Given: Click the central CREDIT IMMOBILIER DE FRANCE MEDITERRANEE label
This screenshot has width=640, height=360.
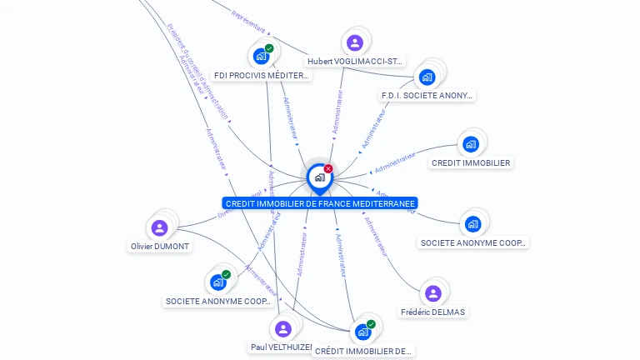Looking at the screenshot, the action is (x=320, y=203).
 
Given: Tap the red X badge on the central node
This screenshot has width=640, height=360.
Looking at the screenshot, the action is (x=328, y=169).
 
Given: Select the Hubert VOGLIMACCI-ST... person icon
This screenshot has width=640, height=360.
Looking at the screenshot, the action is (x=355, y=42).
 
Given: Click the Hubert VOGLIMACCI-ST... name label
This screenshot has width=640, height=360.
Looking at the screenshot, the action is (x=355, y=62).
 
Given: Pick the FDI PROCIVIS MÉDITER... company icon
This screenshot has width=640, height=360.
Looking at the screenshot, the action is (x=262, y=57).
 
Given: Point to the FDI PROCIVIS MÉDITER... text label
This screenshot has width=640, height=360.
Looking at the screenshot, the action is (x=262, y=75).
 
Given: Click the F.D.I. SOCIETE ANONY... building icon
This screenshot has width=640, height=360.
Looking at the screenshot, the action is (x=427, y=77).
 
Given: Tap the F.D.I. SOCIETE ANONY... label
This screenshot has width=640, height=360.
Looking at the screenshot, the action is (x=427, y=95).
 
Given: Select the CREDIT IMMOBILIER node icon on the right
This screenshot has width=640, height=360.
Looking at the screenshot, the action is (x=471, y=144).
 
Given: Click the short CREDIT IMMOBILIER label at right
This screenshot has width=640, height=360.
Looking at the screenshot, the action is (x=471, y=162).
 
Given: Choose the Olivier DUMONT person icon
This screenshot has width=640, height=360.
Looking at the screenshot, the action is (x=160, y=227).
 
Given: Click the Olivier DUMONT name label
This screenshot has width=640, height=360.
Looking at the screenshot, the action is (x=160, y=247).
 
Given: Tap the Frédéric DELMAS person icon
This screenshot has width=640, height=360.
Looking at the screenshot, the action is (x=433, y=293).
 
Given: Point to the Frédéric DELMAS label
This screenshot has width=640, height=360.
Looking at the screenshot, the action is (x=433, y=312).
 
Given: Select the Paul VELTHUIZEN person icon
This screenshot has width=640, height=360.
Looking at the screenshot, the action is (x=283, y=329).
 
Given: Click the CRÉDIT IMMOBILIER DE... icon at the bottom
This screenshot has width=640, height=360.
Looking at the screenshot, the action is (x=362, y=332).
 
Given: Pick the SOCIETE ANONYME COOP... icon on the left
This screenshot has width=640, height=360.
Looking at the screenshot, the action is (x=218, y=282).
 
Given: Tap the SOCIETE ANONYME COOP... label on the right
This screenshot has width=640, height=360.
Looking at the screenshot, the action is (x=473, y=242).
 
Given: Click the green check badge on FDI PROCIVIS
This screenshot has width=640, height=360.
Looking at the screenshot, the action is (x=269, y=48).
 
